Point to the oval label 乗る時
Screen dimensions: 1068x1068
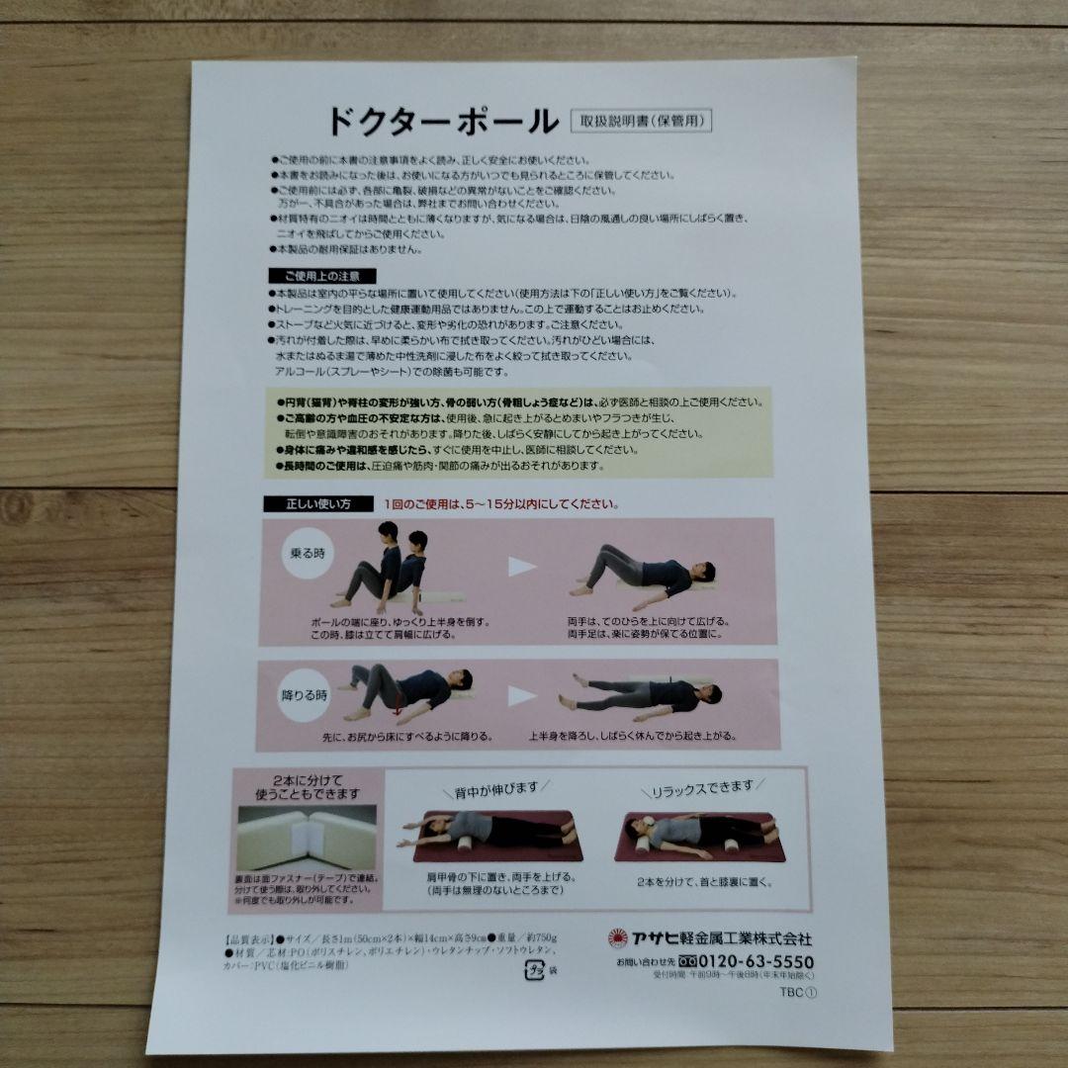pos(306,551)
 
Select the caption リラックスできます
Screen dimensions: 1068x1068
pos(701,788)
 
